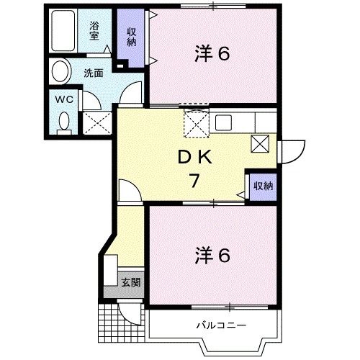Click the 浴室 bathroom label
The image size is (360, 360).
[95, 32]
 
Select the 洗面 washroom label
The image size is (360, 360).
[91, 73]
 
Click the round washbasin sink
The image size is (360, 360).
[60, 73]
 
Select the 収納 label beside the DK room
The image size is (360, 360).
[262, 186]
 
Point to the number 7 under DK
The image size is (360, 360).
[194, 181]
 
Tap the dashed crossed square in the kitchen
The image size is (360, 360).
[195, 124]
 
